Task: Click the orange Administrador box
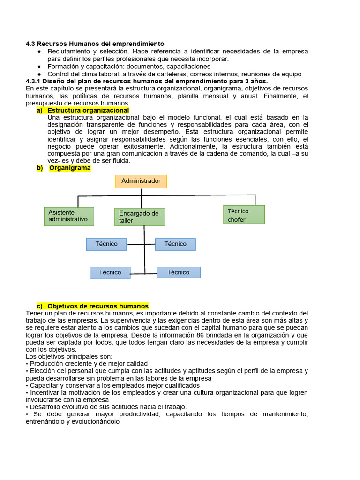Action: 141,181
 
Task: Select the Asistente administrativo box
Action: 69,216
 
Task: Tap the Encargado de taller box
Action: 140,217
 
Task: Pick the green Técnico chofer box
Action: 243,215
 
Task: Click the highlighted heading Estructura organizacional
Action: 88,110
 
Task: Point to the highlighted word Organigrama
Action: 70,168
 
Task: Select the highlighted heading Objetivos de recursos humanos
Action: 98,306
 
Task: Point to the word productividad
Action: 144,414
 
